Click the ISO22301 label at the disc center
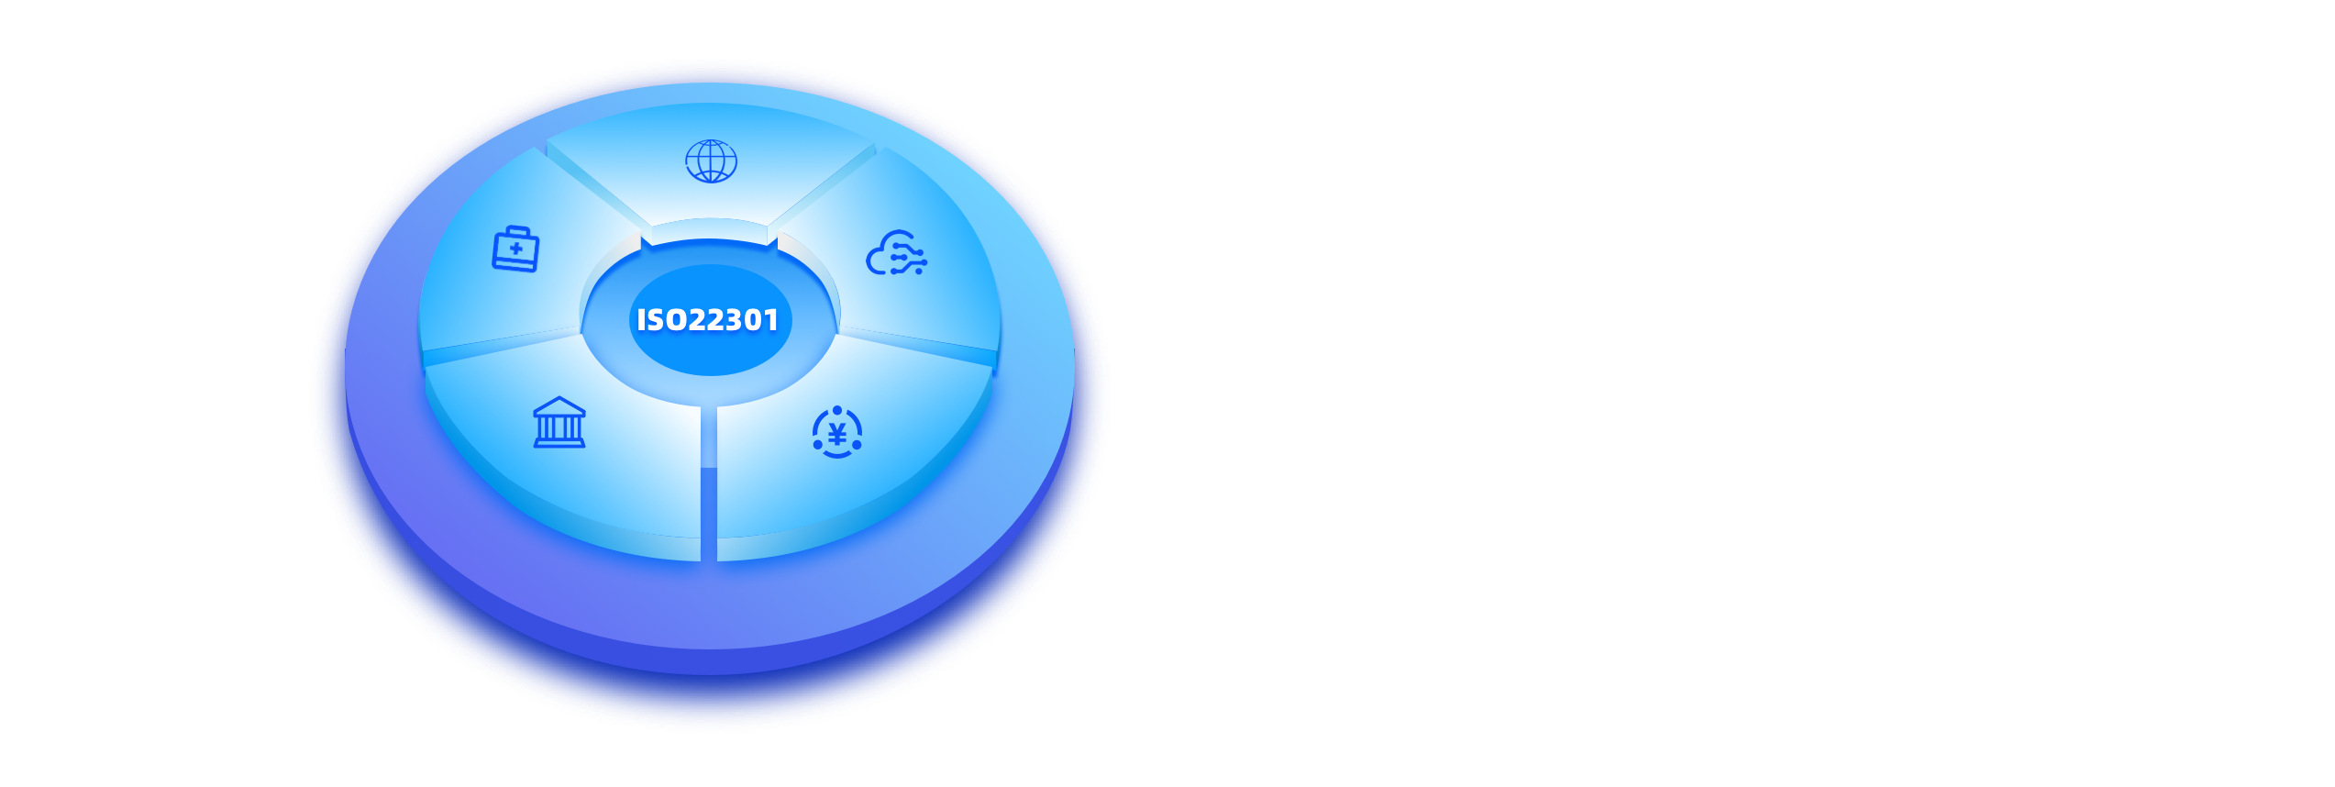(707, 319)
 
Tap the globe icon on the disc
(711, 161)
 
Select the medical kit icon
(515, 249)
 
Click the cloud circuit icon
(896, 253)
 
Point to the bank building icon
(559, 423)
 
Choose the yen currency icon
(837, 433)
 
